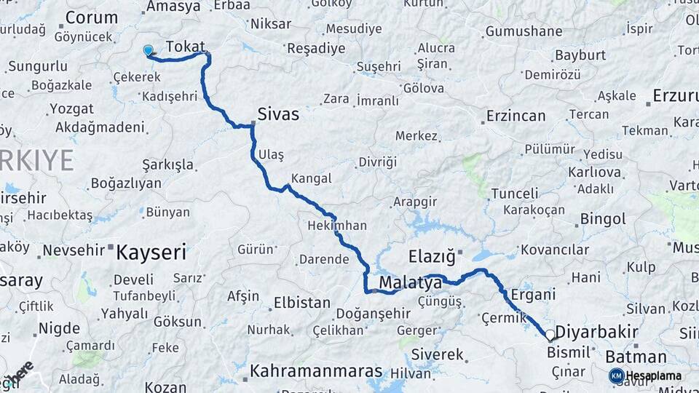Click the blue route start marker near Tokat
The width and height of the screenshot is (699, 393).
coord(149,51)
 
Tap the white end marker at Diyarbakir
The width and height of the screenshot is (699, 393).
coord(550,336)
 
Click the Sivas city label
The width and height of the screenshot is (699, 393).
coord(277,115)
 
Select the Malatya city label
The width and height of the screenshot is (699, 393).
coord(410,282)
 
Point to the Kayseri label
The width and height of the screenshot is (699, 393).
coord(151,253)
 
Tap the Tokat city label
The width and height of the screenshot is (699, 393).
coord(185,47)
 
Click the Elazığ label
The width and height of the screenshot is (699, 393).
coord(431,256)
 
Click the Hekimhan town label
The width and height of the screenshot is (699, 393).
coord(337,226)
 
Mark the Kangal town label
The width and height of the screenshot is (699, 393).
coord(311,178)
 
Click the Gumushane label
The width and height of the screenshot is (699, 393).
coord(524,31)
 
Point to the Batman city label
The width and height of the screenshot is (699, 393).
coord(636,357)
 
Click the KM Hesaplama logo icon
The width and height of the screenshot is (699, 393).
coord(616,376)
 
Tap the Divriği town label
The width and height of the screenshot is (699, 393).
coord(377,161)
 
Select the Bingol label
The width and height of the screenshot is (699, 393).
coord(603,218)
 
